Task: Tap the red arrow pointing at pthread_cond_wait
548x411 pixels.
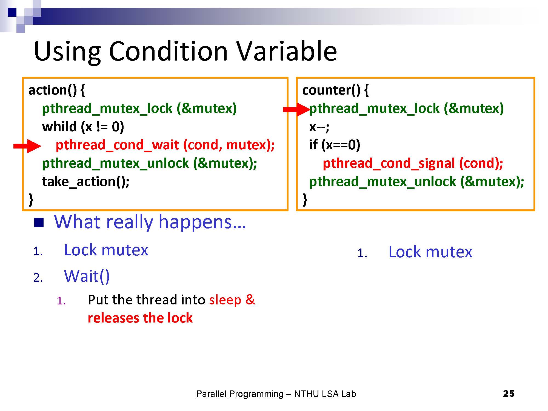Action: coord(27,146)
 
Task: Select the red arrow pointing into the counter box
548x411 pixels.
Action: coord(296,110)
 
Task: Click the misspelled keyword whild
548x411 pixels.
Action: coord(59,127)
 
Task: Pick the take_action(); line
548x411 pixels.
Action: coord(86,181)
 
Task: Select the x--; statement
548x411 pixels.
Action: coord(319,127)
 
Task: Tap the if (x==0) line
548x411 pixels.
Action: coord(335,145)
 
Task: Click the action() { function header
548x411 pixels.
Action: coord(57,90)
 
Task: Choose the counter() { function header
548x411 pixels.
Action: coord(335,90)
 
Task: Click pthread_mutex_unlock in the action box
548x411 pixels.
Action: coord(115,163)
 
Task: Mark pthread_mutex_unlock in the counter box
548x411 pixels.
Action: coord(383,182)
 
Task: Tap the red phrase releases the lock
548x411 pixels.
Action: coord(140,318)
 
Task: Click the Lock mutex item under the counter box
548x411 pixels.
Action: coord(430,252)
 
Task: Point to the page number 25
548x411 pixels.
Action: coord(509,393)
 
